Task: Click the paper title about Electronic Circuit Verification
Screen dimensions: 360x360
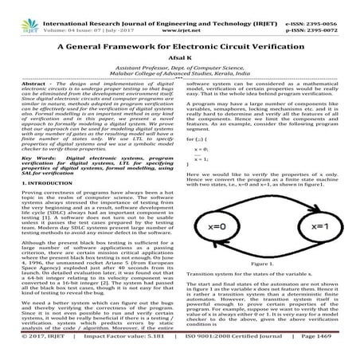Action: (179, 47)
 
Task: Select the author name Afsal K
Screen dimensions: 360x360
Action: (179, 61)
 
